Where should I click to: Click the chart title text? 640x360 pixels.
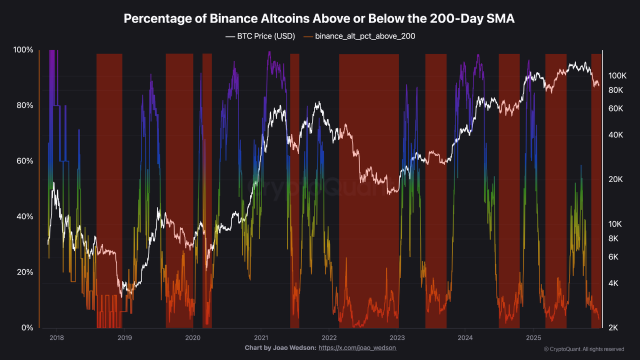click(x=319, y=18)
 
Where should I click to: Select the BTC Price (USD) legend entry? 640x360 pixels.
click(x=260, y=36)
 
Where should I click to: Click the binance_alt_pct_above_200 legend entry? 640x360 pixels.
click(x=359, y=36)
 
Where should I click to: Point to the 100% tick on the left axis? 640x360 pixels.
click(x=23, y=50)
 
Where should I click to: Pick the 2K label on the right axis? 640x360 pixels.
click(x=613, y=327)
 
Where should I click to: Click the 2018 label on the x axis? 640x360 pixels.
click(x=56, y=337)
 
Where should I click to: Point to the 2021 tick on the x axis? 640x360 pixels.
click(x=261, y=337)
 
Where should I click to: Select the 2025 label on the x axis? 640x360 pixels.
click(x=533, y=337)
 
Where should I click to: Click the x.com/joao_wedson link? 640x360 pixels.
click(x=357, y=347)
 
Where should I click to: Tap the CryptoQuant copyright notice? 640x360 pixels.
click(x=583, y=349)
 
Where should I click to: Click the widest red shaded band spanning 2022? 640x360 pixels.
click(x=369, y=190)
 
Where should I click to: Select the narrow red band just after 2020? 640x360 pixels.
click(x=207, y=190)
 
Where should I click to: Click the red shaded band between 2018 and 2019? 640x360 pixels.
click(x=109, y=190)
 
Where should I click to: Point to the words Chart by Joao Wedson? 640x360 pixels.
click(x=280, y=347)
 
